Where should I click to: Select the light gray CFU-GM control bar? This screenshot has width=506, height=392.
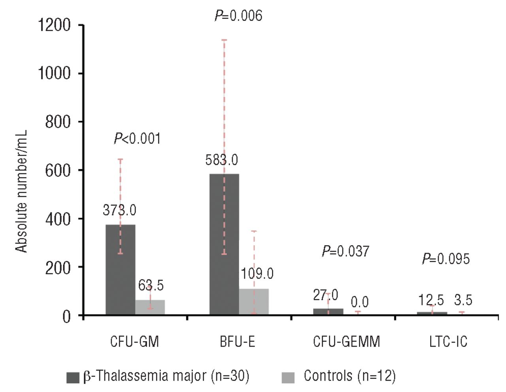click(x=150, y=308)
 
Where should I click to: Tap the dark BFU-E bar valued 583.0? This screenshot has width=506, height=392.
click(x=224, y=244)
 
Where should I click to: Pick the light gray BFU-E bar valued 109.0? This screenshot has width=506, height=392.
click(x=254, y=302)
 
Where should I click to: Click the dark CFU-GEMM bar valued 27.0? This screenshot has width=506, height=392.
click(x=328, y=311)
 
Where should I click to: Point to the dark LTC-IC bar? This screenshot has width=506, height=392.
click(x=432, y=313)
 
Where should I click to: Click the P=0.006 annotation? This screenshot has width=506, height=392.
click(x=238, y=15)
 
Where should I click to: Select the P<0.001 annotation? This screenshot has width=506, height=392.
click(x=137, y=139)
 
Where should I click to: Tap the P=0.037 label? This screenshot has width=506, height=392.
click(x=346, y=251)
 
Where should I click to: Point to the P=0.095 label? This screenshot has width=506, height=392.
click(x=446, y=259)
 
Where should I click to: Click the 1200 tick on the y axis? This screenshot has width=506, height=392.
click(x=54, y=25)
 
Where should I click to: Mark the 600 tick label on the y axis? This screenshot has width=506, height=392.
click(x=58, y=170)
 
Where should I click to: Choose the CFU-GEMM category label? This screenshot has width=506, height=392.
click(x=346, y=341)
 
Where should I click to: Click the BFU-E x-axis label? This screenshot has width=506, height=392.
click(x=238, y=341)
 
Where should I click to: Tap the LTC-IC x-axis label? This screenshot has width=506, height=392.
click(x=448, y=341)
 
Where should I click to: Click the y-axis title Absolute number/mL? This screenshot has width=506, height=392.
click(x=21, y=191)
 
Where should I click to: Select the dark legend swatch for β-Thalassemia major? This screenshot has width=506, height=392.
click(x=73, y=377)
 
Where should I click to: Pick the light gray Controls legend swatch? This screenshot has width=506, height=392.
click(x=288, y=377)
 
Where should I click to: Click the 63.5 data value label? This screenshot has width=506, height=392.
click(x=151, y=285)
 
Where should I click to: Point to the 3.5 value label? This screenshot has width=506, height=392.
click(x=463, y=300)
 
